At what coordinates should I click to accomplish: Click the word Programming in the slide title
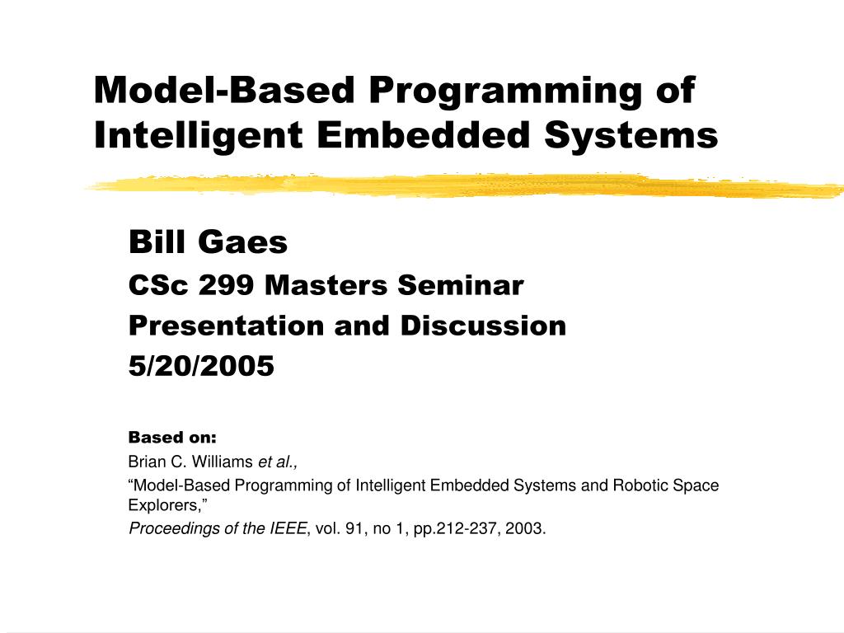[503, 91]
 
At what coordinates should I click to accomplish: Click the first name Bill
[156, 243]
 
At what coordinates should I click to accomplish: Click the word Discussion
[483, 326]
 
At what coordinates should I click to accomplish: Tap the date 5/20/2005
[200, 366]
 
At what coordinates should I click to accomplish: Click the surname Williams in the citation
[223, 461]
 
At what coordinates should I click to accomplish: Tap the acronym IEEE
[288, 528]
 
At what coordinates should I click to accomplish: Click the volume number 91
[355, 528]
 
